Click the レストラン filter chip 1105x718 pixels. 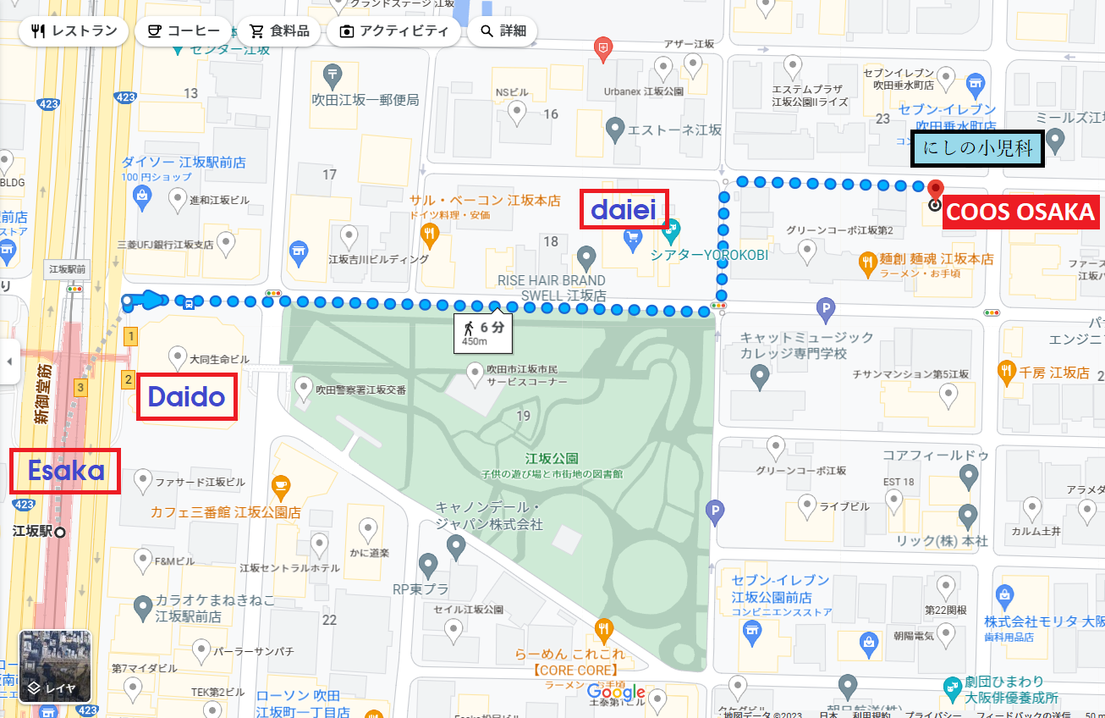(74, 31)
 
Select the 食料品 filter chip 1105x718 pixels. (279, 31)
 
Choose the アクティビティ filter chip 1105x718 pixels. (394, 31)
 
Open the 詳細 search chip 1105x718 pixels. (503, 31)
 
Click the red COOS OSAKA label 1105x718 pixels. (1020, 212)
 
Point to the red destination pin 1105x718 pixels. (935, 190)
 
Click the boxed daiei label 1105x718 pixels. (624, 208)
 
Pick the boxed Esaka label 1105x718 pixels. (65, 471)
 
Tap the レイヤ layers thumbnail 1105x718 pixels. (54, 666)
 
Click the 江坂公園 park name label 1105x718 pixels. (551, 458)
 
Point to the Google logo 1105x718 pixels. (616, 692)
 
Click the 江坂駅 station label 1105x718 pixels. (34, 533)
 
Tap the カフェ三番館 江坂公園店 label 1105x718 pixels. (226, 512)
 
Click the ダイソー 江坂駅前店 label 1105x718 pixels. (184, 162)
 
